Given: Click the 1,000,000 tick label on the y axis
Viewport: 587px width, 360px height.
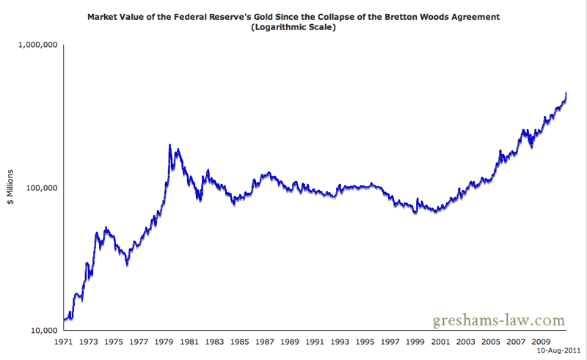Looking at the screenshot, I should coord(37,45).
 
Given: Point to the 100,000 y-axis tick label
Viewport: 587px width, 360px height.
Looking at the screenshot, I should coord(40,188).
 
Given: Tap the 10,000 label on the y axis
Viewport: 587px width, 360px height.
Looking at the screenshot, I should coord(43,330).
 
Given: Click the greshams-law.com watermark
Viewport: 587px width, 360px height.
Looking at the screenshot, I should coord(498,320).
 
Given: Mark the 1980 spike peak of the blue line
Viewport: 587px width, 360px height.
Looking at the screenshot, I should coord(170,145).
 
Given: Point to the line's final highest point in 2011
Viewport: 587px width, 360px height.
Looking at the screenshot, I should coord(566,93).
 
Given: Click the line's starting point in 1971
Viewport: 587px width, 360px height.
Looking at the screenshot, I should coord(65,320).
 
